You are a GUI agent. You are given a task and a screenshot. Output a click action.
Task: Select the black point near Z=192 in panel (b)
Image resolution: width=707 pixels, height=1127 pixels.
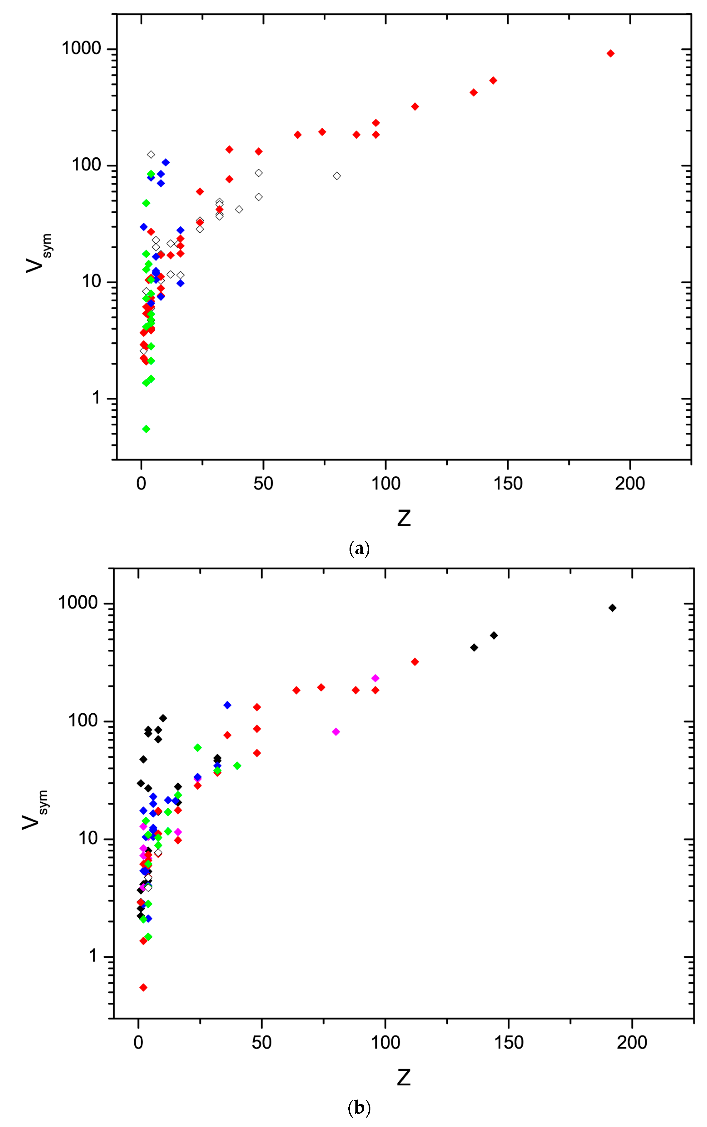coord(612,608)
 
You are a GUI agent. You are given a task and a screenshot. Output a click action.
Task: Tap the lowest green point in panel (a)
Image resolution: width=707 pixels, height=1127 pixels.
coord(146,429)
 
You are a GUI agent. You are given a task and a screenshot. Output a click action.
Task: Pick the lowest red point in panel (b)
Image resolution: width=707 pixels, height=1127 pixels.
coord(144,987)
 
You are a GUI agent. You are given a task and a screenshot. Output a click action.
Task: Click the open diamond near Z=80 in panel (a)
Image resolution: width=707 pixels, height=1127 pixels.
coord(337,176)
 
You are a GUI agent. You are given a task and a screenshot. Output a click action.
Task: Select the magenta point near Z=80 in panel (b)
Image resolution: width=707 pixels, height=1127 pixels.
coord(336,732)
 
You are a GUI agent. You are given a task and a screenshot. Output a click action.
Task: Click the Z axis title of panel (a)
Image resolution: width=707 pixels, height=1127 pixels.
coord(404,518)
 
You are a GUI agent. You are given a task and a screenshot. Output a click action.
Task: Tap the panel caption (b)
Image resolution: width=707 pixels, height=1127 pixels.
coord(359,1107)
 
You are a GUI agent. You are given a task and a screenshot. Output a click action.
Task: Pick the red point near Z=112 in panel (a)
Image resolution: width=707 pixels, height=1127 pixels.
coord(415,106)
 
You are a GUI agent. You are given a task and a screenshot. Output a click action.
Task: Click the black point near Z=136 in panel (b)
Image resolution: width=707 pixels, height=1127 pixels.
coord(474,648)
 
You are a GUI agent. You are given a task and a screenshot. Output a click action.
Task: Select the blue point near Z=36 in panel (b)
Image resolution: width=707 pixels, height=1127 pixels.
coord(227,705)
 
